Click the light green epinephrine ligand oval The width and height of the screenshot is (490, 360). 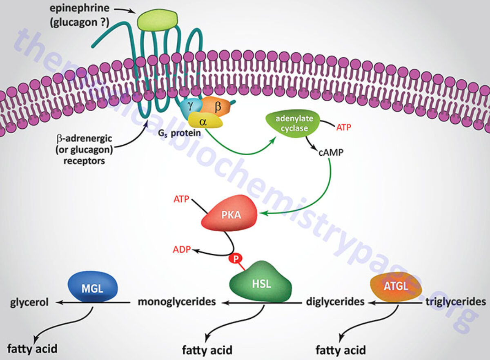158,20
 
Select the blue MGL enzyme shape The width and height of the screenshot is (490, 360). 92,288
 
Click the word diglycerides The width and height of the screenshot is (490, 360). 335,302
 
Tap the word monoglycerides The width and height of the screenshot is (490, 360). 176,302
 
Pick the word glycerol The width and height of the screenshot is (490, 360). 30,302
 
